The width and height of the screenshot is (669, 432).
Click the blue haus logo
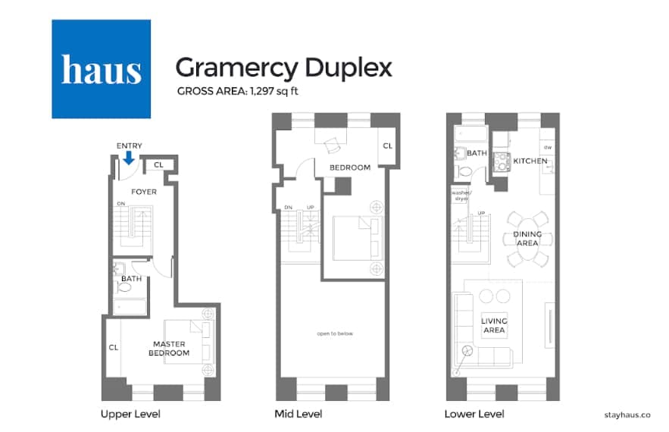coord(101,69)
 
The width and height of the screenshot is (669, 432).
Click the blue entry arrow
coord(129,158)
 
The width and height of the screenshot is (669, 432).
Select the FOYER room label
coord(144,192)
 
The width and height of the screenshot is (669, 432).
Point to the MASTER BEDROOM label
coord(168,349)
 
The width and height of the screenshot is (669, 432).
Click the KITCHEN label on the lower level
coord(530,161)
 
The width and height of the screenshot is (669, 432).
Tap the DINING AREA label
coord(527,239)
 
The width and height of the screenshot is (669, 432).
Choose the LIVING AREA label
coord(494,326)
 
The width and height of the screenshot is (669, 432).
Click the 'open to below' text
coord(335,333)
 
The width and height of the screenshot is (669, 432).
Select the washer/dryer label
coord(461,196)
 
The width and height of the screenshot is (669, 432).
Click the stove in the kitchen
coord(500,161)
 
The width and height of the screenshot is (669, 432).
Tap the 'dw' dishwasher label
coord(547,146)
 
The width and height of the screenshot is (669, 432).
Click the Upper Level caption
coord(130,414)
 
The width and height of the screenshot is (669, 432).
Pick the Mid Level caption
coord(298,414)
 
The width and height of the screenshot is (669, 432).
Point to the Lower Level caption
coord(474,414)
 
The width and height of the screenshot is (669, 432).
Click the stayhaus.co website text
coord(627,415)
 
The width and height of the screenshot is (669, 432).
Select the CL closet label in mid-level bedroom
coord(386,146)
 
